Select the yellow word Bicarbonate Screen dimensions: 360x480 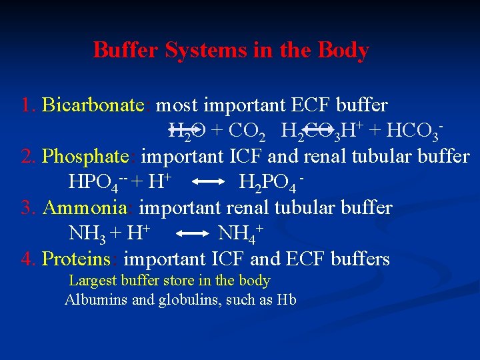click(93, 105)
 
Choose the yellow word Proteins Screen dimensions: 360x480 click(75, 259)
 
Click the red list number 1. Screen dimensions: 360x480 click(27, 105)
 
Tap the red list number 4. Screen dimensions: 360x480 click(27, 259)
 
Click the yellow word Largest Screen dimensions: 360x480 click(93, 281)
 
